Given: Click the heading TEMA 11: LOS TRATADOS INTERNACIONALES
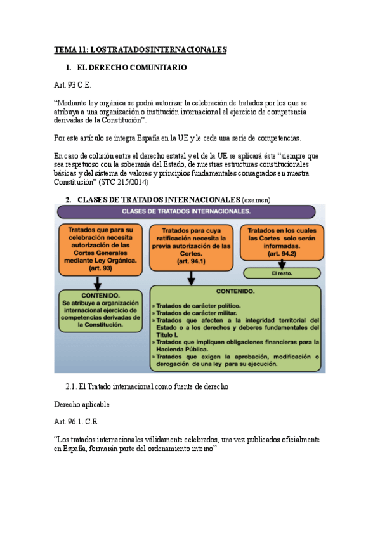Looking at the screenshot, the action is coord(140,49).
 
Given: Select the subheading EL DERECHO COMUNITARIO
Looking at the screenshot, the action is coord(131,67).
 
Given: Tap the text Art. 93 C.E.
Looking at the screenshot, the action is coord(72,84).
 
